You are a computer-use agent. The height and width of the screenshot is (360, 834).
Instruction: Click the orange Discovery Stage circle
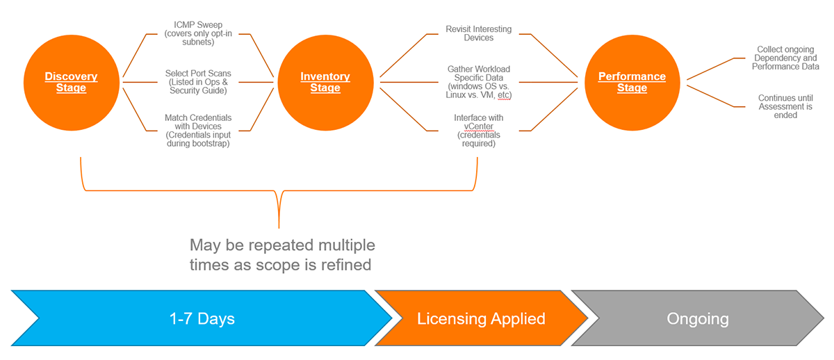[71, 82]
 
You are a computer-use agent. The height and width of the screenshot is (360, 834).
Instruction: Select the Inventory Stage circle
[325, 82]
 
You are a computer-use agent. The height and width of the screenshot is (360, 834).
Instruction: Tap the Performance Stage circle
[632, 82]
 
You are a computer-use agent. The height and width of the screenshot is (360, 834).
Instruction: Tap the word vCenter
[479, 126]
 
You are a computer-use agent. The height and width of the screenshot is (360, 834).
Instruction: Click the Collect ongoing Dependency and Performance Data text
[785, 58]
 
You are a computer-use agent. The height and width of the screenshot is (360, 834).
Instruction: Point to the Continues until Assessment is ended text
[785, 106]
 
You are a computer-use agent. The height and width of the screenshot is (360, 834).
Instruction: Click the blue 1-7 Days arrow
[202, 319]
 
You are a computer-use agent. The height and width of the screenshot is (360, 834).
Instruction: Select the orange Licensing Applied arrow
[481, 319]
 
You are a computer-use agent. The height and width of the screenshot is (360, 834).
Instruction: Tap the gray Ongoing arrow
[697, 319]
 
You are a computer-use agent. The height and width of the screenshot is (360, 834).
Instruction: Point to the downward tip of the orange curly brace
[279, 227]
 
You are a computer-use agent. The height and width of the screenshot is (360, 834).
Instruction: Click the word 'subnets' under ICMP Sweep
[198, 42]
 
